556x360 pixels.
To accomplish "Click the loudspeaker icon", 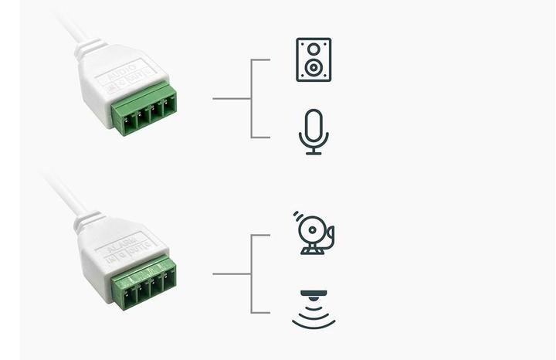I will pos(314,59).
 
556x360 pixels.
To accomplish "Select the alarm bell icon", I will pos(314,233).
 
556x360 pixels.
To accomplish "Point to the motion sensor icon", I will pos(314,310).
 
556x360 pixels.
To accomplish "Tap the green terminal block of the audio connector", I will pos(144,113).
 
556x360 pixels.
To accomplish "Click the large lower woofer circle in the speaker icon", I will pos(314,68).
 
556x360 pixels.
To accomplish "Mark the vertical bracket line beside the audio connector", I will pos(252,98).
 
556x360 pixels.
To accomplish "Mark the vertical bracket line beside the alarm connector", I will pos(252,273).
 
